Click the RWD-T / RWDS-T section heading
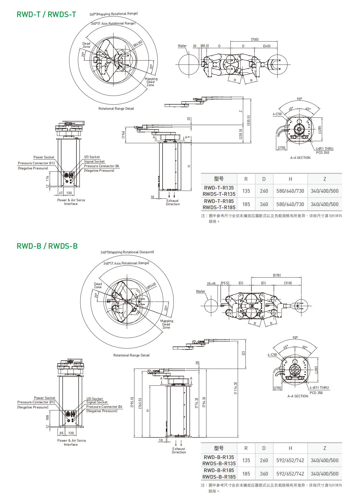(x=46, y=14)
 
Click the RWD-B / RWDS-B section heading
(x=47, y=246)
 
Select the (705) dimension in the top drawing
(x=255, y=40)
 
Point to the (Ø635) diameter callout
(x=138, y=44)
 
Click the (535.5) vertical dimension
(x=249, y=121)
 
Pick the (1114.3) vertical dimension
(x=236, y=388)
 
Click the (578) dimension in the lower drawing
(x=276, y=275)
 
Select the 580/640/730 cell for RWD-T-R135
(x=290, y=191)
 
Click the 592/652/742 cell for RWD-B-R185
(x=290, y=474)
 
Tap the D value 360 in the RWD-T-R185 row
(x=264, y=204)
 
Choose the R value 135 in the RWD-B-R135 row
(x=246, y=460)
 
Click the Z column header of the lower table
(x=324, y=448)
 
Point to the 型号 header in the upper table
(x=219, y=179)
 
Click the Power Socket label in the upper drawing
(x=44, y=157)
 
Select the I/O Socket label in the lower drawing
(x=94, y=399)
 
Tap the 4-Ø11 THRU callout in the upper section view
(x=325, y=149)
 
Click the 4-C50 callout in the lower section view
(x=272, y=355)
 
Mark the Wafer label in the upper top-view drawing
(x=182, y=46)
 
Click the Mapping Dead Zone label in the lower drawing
(x=167, y=324)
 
